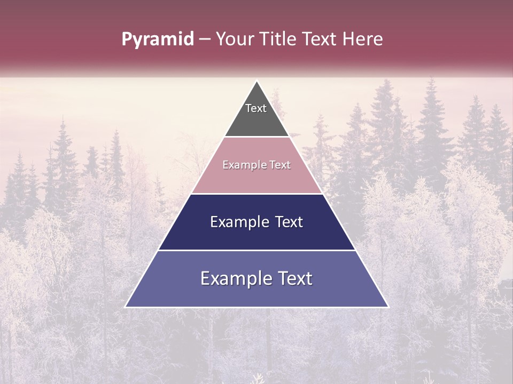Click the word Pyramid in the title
point(158,39)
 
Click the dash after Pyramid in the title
point(205,39)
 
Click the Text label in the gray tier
point(256,108)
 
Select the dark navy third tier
point(256,235)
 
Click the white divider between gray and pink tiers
point(256,137)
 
